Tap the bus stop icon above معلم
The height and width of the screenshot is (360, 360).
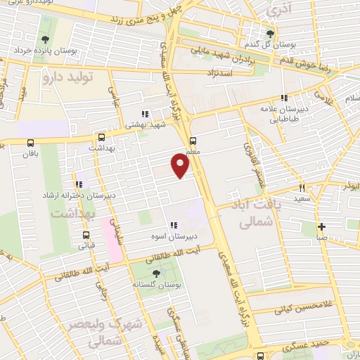[193, 139]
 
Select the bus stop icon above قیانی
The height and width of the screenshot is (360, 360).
[86, 235]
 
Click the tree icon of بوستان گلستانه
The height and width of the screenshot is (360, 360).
[155, 273]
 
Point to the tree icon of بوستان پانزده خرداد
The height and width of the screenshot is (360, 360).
[46, 39]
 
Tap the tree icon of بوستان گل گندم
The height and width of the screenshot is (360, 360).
[271, 32]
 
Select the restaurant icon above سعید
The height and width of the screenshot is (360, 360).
[303, 188]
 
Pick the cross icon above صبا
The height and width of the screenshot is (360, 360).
[321, 226]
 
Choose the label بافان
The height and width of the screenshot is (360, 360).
[29, 153]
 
